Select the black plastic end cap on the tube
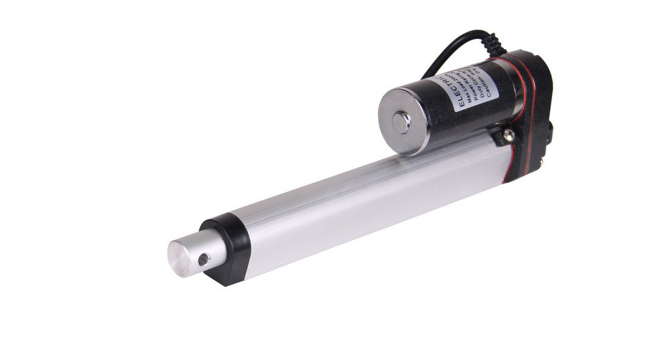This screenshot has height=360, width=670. (x=226, y=248)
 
